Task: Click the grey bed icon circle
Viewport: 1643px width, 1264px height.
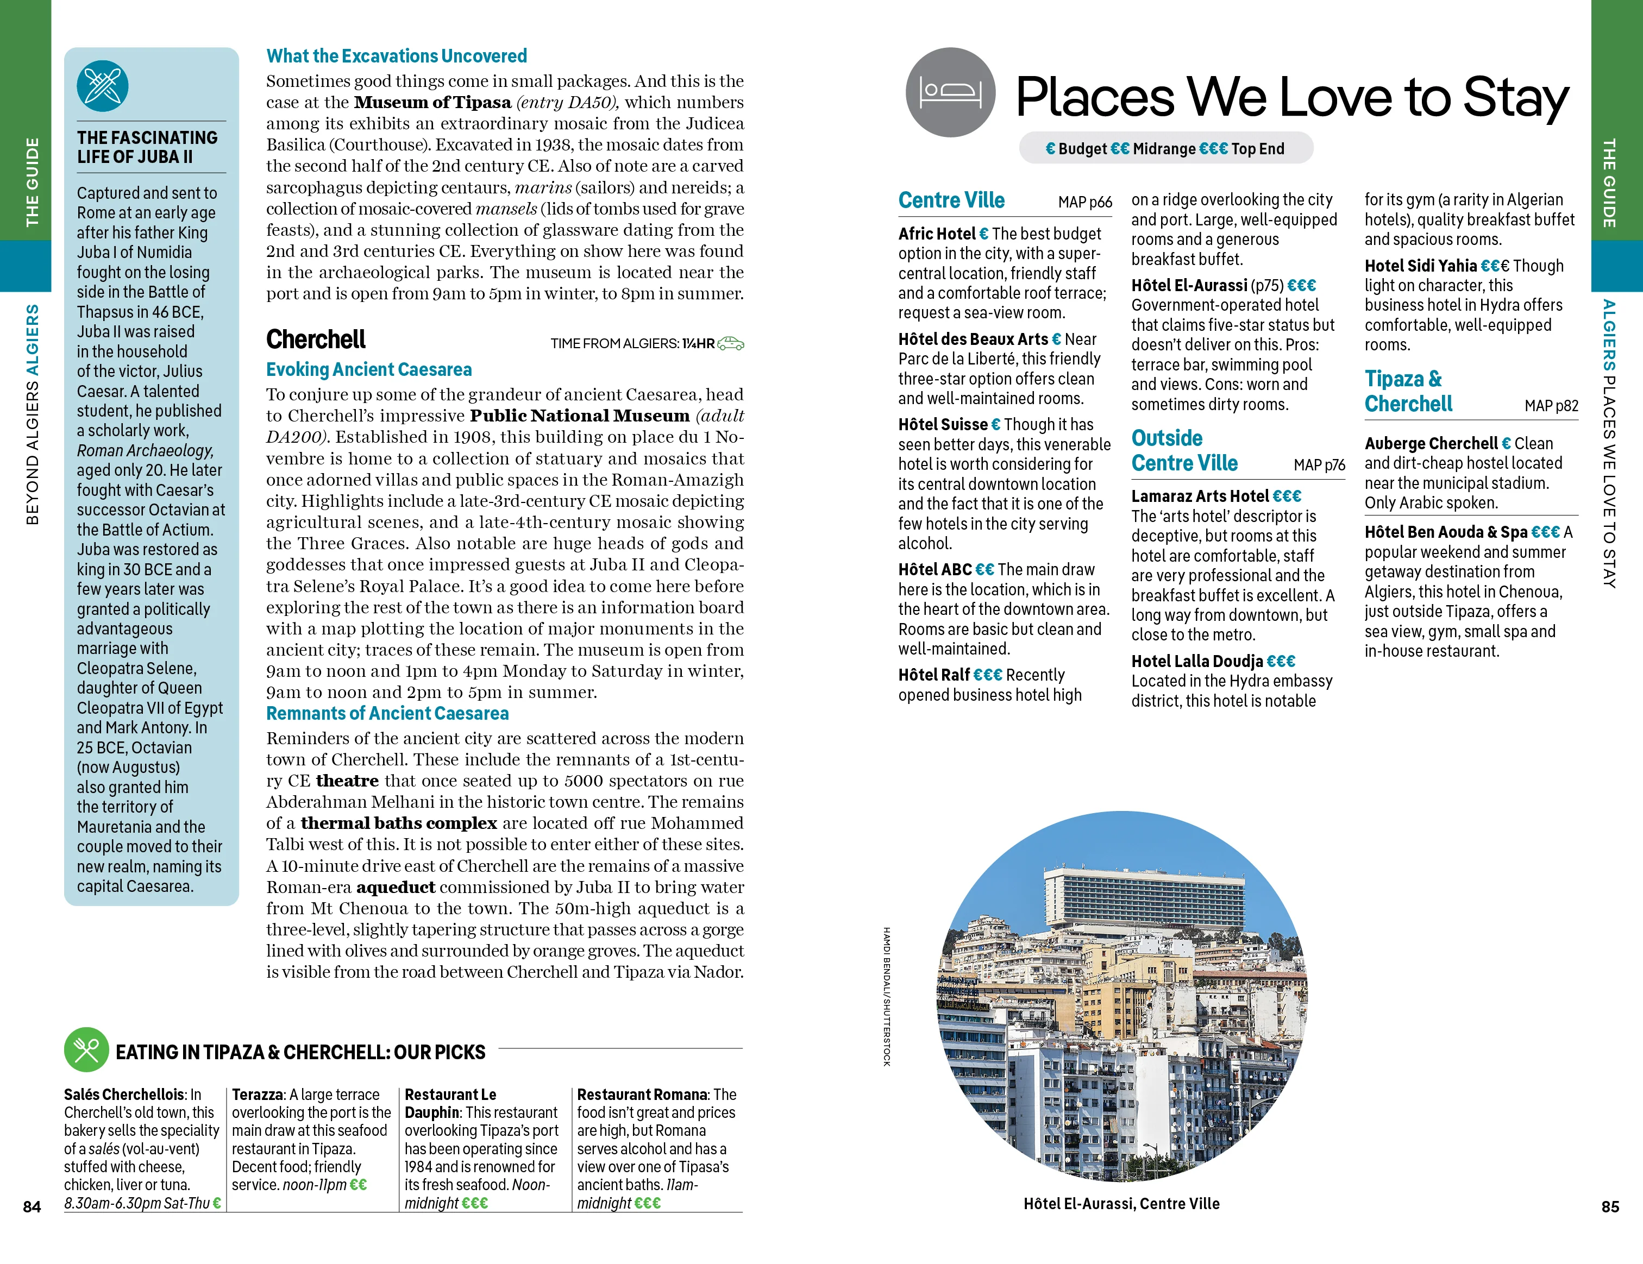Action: [x=950, y=92]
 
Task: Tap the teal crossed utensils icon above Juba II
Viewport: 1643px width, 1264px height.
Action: [x=102, y=86]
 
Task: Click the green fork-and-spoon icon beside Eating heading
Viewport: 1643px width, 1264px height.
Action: [x=86, y=1049]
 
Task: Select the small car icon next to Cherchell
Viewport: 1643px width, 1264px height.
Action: [x=730, y=344]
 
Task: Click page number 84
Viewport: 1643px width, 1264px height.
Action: [x=32, y=1206]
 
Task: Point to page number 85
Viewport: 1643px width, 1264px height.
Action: [x=1610, y=1206]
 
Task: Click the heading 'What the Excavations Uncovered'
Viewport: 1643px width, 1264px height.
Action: [x=397, y=56]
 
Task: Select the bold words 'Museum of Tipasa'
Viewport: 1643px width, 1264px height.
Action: [x=432, y=102]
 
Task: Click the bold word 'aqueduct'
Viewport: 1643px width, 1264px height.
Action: [x=396, y=887]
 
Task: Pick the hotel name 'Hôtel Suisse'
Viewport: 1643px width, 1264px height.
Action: [x=943, y=425]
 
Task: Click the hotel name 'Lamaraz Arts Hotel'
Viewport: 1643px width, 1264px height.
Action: [x=1200, y=496]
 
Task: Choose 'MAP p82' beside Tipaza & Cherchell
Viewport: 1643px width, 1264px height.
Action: [x=1551, y=406]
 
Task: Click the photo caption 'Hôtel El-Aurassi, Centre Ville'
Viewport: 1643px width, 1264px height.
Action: [x=1121, y=1204]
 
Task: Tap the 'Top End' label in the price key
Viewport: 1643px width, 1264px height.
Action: [x=1258, y=149]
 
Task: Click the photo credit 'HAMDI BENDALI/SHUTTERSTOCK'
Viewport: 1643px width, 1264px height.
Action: [x=887, y=996]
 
